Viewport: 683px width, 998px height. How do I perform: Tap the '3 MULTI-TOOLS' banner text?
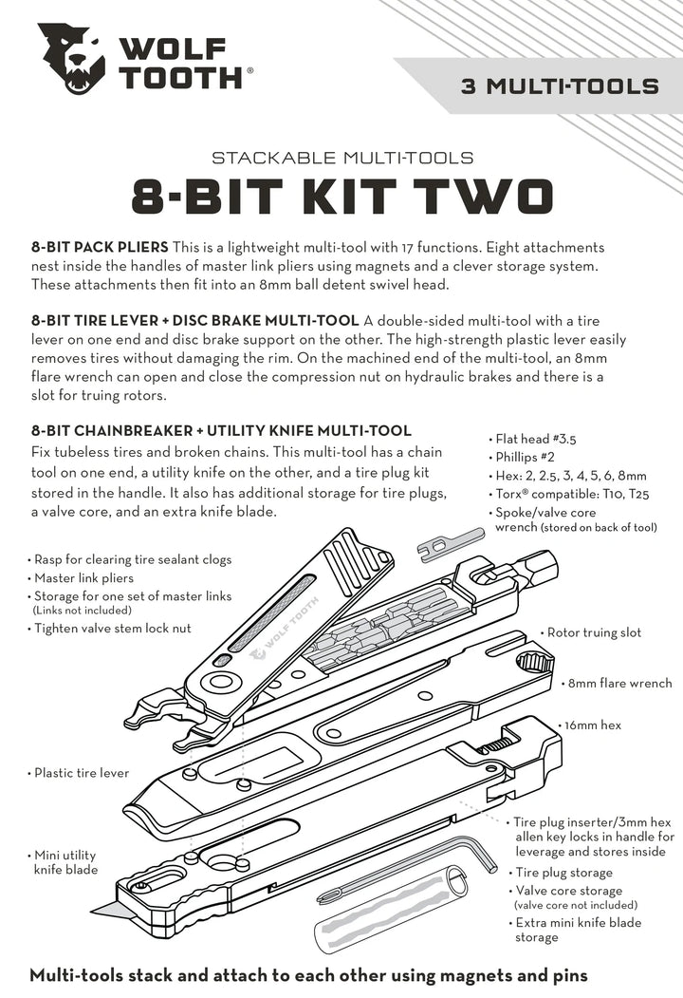pos(560,86)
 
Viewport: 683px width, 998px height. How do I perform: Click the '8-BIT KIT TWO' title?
pos(341,197)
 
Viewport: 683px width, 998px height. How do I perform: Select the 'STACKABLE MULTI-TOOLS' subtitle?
pos(341,157)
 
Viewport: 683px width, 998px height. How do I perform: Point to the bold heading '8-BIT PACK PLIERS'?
pos(101,246)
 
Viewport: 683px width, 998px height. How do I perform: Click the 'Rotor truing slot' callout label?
pos(595,632)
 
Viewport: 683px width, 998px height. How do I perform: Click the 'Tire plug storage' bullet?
pos(563,872)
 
